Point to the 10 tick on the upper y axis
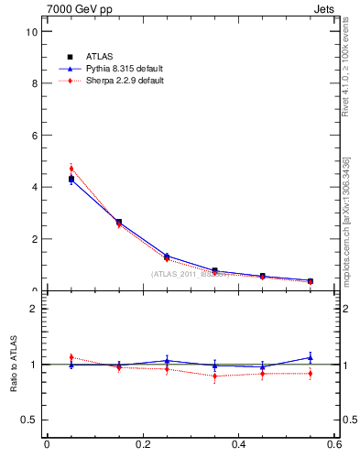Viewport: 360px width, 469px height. pos(33,31)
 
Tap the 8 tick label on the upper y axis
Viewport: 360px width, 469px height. pos(35,83)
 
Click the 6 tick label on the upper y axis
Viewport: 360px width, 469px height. pos(35,136)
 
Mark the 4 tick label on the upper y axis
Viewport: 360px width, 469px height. pos(35,187)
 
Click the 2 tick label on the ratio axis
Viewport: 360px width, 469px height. pos(35,309)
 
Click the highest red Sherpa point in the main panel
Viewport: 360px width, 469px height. pos(71,169)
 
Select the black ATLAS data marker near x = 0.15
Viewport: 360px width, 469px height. pos(119,222)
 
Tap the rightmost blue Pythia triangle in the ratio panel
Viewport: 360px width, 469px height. pos(311,357)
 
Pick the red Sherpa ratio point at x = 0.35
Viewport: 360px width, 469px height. pos(215,376)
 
